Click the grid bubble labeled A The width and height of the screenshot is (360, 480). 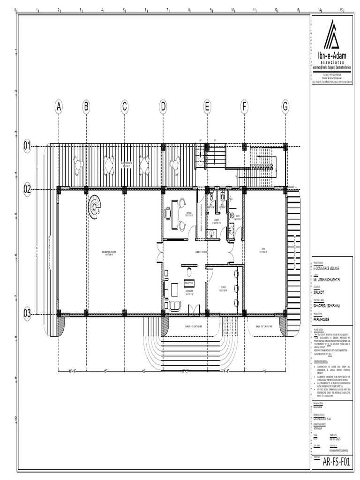click(x=59, y=107)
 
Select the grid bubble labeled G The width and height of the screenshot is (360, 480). click(x=285, y=107)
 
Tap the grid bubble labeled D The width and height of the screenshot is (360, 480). click(x=163, y=107)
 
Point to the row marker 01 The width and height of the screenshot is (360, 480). click(x=28, y=146)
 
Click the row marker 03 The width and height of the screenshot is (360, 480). click(x=28, y=313)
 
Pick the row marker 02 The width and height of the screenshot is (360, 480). click(x=28, y=189)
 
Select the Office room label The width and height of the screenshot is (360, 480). click(x=189, y=213)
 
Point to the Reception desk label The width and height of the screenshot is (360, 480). click(x=189, y=283)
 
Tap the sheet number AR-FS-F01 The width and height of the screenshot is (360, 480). click(x=336, y=461)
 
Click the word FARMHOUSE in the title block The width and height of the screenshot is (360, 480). click(x=322, y=318)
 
